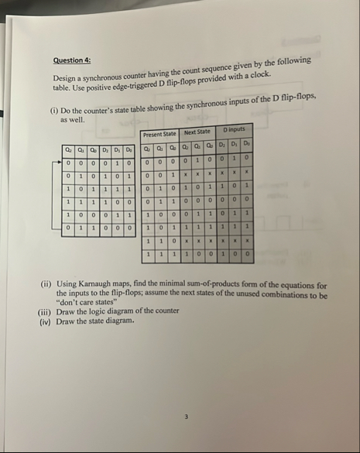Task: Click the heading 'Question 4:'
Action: (x=71, y=60)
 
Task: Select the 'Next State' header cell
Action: (x=197, y=133)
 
